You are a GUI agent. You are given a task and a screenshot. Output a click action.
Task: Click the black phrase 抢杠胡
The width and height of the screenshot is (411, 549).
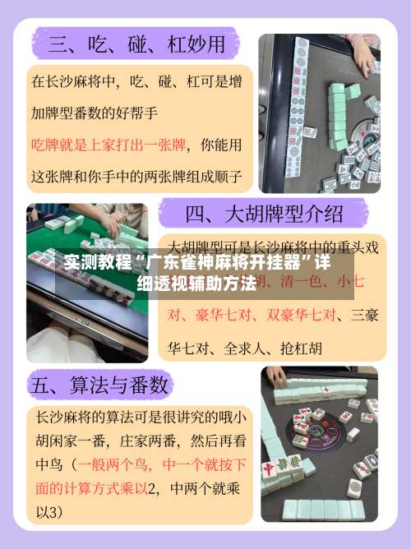click(x=300, y=348)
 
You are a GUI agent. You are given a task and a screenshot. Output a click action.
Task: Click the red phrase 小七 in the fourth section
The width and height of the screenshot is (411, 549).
click(x=356, y=280)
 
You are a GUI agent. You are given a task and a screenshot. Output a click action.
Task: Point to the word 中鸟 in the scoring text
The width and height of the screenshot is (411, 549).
click(x=48, y=464)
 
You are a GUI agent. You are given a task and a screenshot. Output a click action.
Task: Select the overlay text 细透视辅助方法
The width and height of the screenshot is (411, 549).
click(x=196, y=284)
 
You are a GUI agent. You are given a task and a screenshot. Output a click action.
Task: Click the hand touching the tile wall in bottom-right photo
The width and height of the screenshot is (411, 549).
click(x=276, y=376)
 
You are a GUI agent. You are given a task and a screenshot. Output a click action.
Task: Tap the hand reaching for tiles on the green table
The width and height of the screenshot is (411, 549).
click(x=107, y=222)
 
